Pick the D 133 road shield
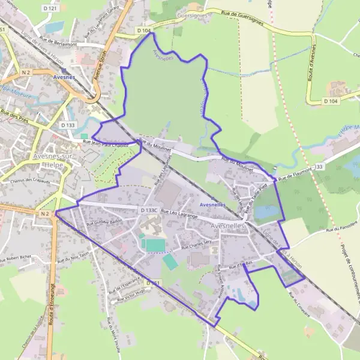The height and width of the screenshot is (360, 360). click(x=68, y=125)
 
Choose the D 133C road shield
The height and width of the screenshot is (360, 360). click(x=149, y=210)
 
